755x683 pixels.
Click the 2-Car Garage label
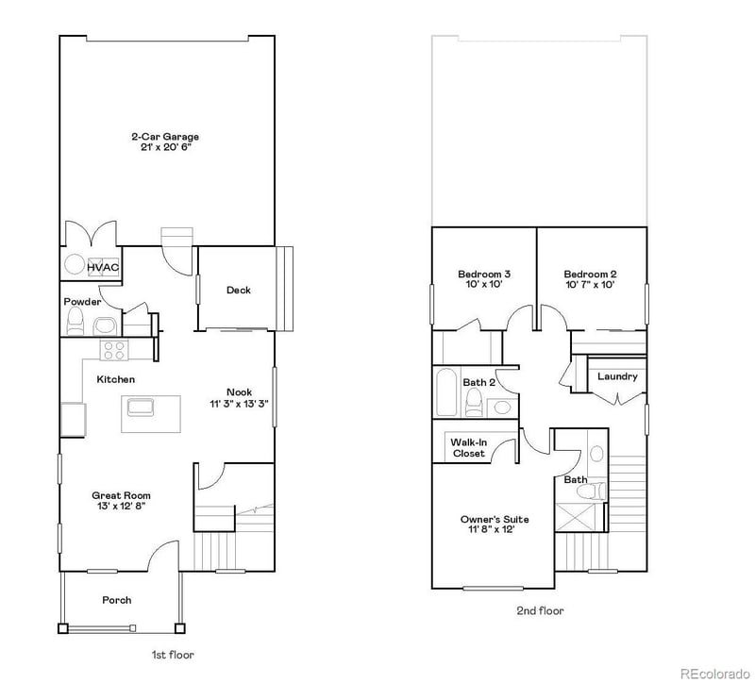(164, 136)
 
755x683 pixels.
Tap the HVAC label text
(103, 268)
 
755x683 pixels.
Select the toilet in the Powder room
(75, 322)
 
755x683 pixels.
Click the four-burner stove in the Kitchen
(114, 350)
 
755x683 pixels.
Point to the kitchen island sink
(142, 408)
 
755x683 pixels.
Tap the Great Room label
(120, 495)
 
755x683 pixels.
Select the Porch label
(116, 600)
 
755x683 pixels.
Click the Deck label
(238, 290)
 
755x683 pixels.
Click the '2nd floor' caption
(540, 610)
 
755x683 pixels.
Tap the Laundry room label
(617, 376)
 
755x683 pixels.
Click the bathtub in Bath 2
(446, 392)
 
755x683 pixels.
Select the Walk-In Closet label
(467, 447)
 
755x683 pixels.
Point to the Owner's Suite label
(494, 519)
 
